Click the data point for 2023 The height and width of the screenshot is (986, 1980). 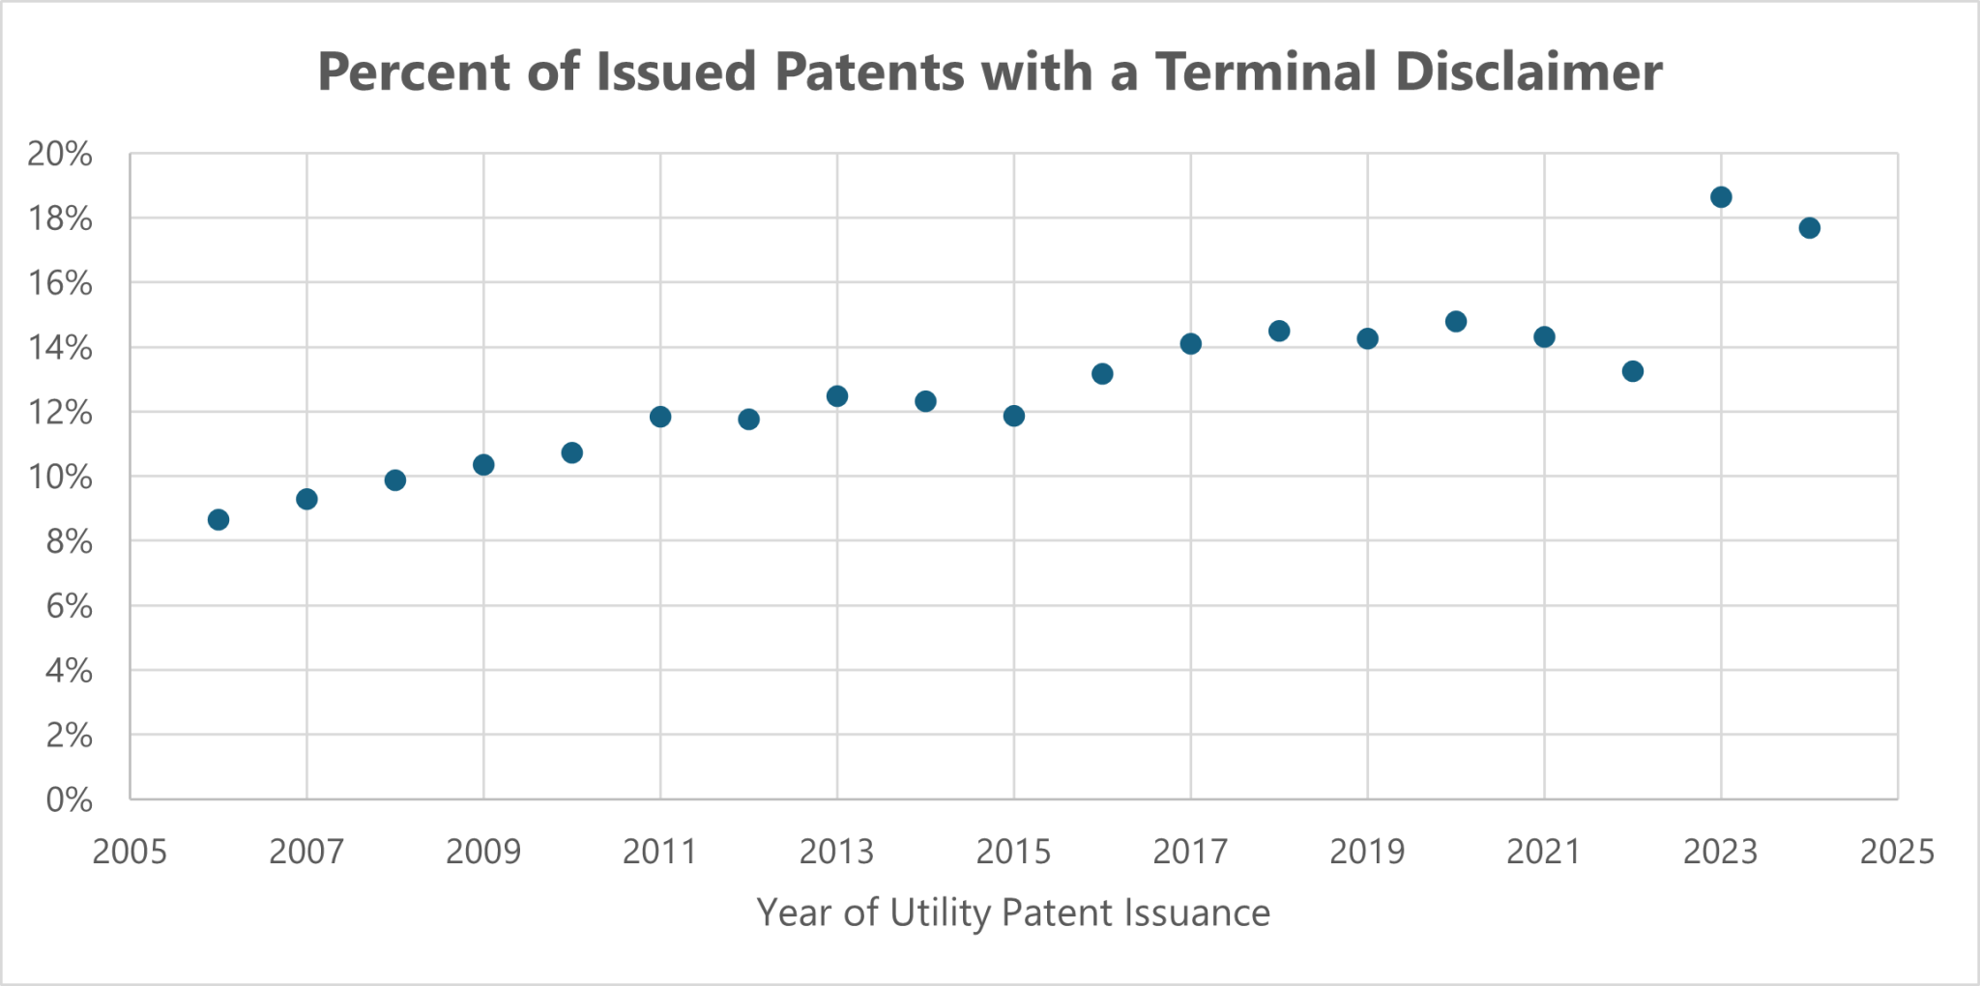1721,197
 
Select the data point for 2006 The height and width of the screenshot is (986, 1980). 218,520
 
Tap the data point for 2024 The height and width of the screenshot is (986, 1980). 1810,228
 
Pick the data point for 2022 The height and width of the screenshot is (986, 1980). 1633,371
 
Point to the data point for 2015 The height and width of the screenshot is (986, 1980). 1014,416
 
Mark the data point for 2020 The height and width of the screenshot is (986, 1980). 1456,322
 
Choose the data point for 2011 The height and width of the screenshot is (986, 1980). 660,417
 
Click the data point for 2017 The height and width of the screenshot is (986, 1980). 1191,344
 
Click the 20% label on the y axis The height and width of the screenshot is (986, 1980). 60,154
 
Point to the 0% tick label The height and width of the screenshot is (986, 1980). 69,800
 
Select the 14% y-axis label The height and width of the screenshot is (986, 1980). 60,348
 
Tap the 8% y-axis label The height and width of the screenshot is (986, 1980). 69,542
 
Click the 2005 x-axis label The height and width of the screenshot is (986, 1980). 130,853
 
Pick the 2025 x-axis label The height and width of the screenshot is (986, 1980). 1897,853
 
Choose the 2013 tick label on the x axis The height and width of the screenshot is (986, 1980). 836,853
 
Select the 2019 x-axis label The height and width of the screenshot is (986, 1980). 1367,853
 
